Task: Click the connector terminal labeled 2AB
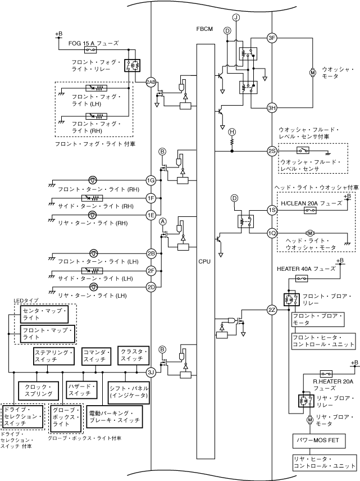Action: click(x=151, y=82)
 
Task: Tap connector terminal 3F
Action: click(x=272, y=38)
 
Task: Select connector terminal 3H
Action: click(x=272, y=108)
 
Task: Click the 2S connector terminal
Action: click(x=272, y=151)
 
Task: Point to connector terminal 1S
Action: click(x=272, y=210)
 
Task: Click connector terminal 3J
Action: click(x=151, y=372)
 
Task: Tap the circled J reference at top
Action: click(x=236, y=18)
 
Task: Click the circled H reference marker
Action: click(x=232, y=131)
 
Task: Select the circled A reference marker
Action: click(x=163, y=221)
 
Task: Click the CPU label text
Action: click(x=205, y=261)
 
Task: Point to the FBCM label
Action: click(x=204, y=29)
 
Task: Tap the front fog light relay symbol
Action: click(x=132, y=66)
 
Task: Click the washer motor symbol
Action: click(x=313, y=72)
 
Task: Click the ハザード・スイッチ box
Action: click(x=79, y=390)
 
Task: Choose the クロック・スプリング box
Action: click(x=38, y=390)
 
